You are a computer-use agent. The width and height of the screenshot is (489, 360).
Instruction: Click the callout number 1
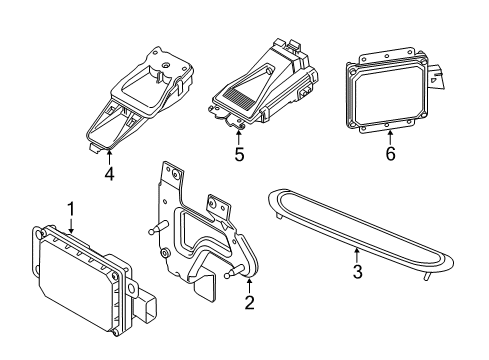[71, 207]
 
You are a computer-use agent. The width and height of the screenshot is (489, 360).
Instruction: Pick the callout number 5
[238, 156]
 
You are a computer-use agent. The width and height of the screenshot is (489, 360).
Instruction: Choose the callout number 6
[390, 155]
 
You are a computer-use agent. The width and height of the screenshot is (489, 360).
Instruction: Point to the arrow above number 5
[238, 139]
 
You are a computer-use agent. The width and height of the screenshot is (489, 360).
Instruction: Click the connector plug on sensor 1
[150, 304]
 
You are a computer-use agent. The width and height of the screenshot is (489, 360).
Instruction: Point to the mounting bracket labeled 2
[200, 230]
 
